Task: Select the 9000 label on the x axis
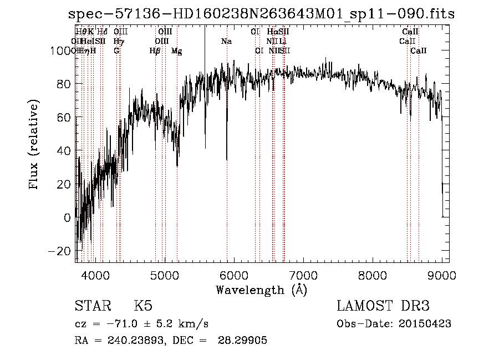pyautogui.click(x=441, y=275)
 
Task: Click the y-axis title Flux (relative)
pyautogui.click(x=34, y=145)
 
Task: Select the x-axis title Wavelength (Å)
pyautogui.click(x=261, y=290)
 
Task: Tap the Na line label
pyautogui.click(x=226, y=41)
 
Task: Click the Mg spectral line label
pyautogui.click(x=176, y=51)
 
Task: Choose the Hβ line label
pyautogui.click(x=155, y=51)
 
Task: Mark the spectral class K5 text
pyautogui.click(x=143, y=306)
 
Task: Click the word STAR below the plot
pyautogui.click(x=91, y=306)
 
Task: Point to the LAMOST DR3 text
pyautogui.click(x=383, y=306)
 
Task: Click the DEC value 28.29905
pyautogui.click(x=244, y=341)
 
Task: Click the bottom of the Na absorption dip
pyautogui.click(x=227, y=160)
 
